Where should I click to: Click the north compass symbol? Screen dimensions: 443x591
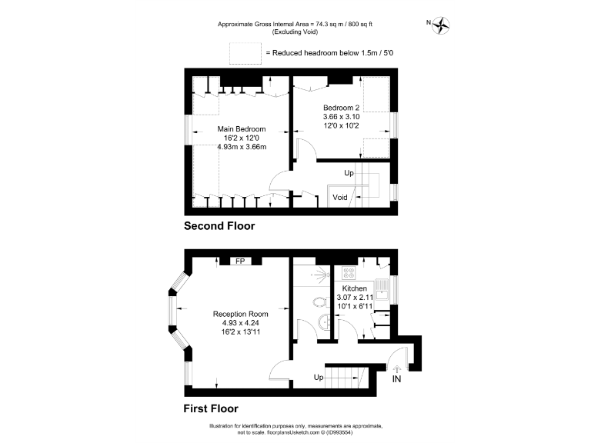tap(441, 25)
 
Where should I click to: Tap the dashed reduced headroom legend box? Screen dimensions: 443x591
tap(245, 52)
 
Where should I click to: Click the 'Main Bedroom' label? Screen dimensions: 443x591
tap(242, 128)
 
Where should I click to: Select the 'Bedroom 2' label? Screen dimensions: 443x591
tap(342, 107)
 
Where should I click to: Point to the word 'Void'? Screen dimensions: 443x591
tap(340, 198)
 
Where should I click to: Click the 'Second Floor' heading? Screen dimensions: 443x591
tap(219, 226)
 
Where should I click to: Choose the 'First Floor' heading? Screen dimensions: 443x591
tap(210, 408)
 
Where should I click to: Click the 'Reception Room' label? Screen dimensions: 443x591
tap(241, 314)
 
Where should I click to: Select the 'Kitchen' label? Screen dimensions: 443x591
tap(355, 288)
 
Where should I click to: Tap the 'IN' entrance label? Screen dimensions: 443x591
tap(396, 380)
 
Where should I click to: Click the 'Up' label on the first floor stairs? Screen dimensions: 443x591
tap(319, 377)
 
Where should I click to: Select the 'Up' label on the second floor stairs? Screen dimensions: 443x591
tap(349, 173)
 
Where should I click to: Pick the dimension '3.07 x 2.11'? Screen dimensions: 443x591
tap(355, 298)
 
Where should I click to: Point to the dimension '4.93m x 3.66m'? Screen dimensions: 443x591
tap(242, 147)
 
